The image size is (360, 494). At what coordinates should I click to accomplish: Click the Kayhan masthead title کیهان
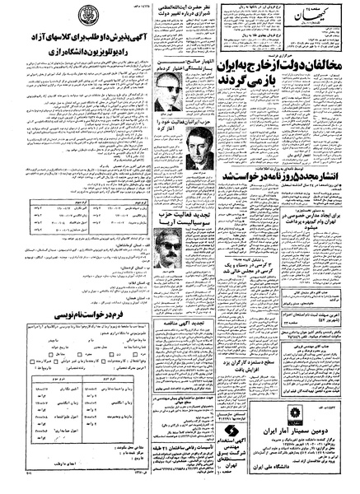(x=325, y=20)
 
